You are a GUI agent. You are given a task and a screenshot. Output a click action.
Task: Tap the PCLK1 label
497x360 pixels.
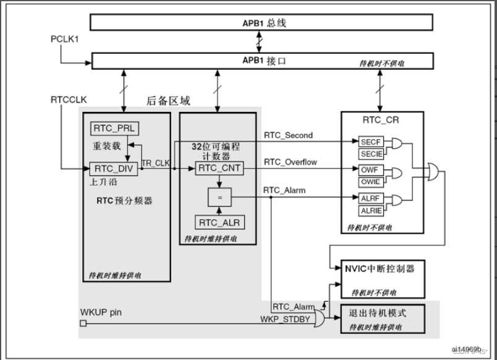click(x=64, y=39)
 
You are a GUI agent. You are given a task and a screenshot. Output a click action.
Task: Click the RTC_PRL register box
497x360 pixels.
click(x=115, y=128)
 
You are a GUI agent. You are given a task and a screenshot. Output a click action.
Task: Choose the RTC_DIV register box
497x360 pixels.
click(x=115, y=168)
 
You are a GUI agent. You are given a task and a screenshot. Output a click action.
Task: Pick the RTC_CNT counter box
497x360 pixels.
click(x=219, y=168)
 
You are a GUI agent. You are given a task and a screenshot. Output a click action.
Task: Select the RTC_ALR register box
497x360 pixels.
click(x=219, y=222)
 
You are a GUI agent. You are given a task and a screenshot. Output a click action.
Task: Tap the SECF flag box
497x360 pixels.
click(x=371, y=142)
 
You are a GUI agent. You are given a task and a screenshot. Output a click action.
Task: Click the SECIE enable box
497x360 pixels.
click(x=371, y=153)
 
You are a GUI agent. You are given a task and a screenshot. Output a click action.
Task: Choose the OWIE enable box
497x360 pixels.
click(x=371, y=181)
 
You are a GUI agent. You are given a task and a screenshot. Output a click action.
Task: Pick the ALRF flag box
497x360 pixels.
click(x=371, y=198)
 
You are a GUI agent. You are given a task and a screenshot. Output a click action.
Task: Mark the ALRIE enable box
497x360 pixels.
click(x=371, y=210)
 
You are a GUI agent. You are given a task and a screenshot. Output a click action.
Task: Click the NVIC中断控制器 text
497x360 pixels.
click(x=380, y=269)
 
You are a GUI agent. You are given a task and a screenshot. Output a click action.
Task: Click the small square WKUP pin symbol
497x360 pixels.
click(x=83, y=322)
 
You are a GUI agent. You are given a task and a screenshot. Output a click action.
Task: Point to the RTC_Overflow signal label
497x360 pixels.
click(x=290, y=162)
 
